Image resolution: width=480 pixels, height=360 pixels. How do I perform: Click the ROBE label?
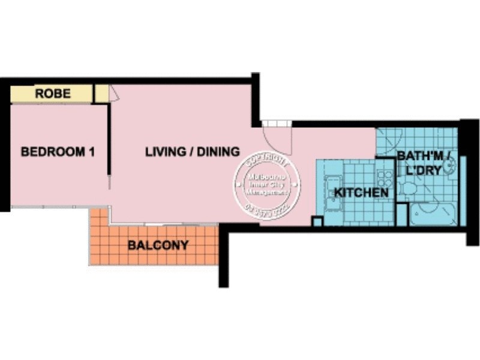point(53,94)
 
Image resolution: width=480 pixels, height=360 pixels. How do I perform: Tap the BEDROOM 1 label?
point(58,152)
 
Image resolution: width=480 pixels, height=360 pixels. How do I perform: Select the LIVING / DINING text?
point(193,152)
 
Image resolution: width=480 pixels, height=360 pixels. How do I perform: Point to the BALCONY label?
point(158,245)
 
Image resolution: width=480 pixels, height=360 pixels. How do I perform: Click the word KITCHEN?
point(361,193)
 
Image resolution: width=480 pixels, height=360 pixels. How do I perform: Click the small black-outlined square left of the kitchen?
point(317,221)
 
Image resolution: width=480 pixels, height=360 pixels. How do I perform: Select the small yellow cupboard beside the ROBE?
point(102,93)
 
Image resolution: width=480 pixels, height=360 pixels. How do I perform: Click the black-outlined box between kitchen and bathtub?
point(401,215)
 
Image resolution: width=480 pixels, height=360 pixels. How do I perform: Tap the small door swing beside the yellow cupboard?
point(114,93)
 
